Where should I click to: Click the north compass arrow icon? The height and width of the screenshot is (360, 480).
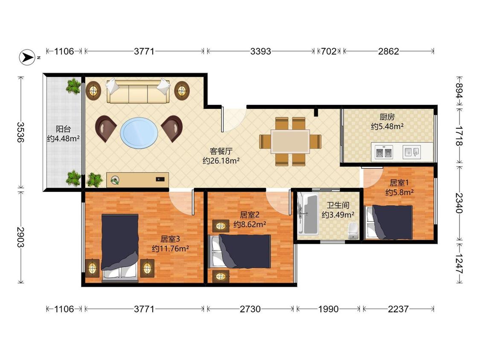28,57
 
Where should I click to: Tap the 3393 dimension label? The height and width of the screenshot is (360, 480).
261,51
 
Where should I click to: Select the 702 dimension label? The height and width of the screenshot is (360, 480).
329,51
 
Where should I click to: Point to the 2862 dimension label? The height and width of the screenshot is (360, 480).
388,51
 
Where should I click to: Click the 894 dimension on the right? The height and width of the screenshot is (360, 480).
459,90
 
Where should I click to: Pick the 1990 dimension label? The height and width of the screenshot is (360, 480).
328,309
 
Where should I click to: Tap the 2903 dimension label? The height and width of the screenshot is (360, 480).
20,237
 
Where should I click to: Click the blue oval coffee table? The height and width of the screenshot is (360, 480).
139,133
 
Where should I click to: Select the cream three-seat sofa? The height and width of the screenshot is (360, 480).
138,91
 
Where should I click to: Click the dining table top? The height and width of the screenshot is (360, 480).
290,142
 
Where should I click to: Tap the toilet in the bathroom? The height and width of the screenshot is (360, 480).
353,231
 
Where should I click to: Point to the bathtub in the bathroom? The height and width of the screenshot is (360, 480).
308,214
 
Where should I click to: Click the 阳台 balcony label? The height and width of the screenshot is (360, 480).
64,129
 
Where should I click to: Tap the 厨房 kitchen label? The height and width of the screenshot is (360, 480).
387,116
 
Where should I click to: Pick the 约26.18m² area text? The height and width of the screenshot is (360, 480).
221,161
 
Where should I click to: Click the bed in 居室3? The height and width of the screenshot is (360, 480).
120,247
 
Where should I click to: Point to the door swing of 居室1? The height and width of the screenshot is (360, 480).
372,177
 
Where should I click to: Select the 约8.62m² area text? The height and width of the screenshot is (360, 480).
250,224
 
